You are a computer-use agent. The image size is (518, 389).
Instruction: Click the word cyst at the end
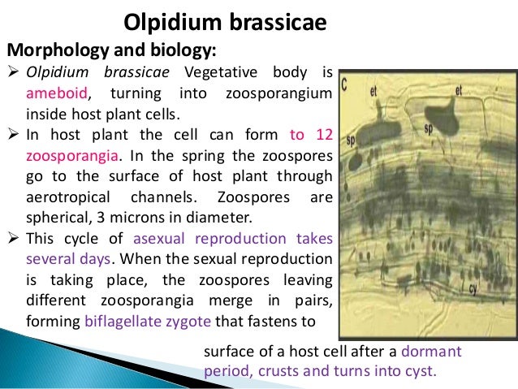[421, 372]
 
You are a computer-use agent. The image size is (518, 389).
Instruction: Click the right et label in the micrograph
[459, 91]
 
